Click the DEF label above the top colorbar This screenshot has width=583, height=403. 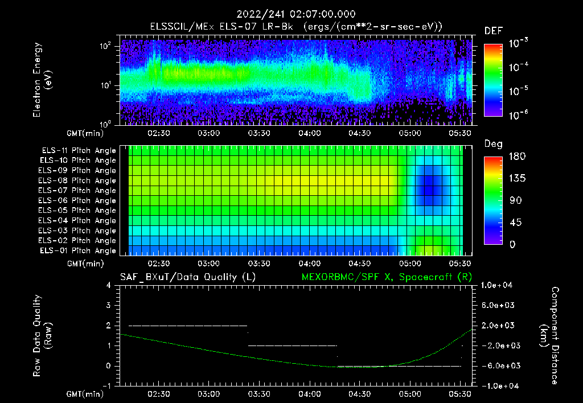pyautogui.click(x=493, y=31)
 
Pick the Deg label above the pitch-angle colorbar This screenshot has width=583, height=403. pyautogui.click(x=493, y=144)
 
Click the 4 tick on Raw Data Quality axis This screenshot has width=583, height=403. pyautogui.click(x=110, y=285)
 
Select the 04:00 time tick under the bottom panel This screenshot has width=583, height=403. pyautogui.click(x=309, y=394)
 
